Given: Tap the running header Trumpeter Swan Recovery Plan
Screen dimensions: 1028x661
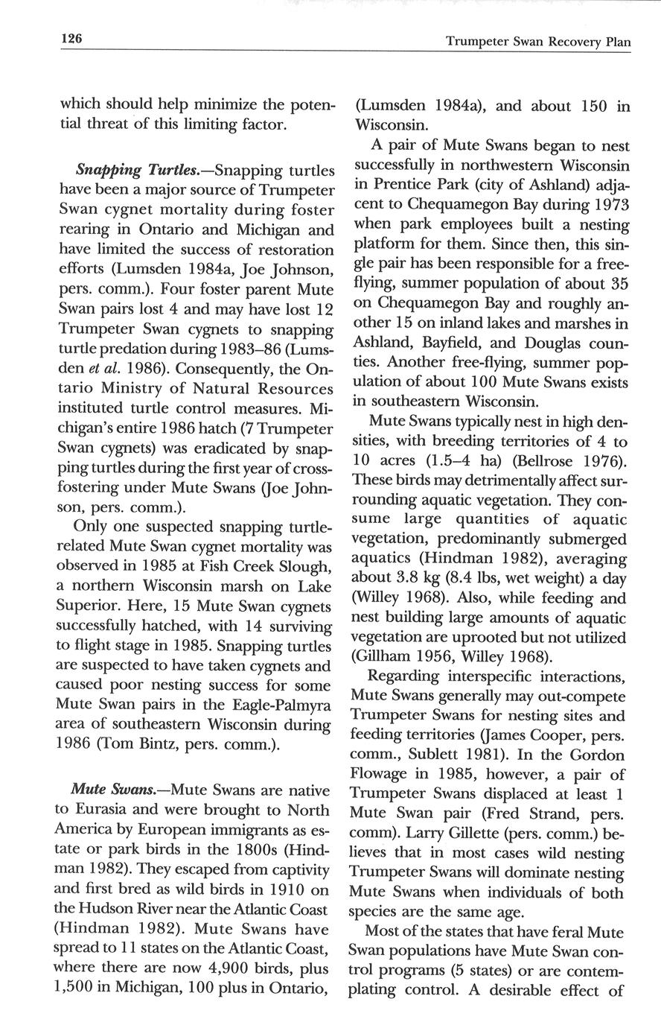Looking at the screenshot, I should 538,42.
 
